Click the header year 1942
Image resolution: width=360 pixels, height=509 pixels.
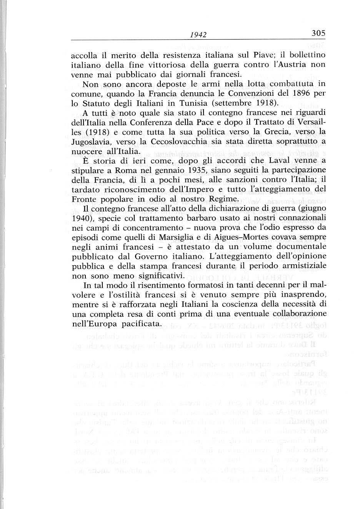point(199,35)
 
